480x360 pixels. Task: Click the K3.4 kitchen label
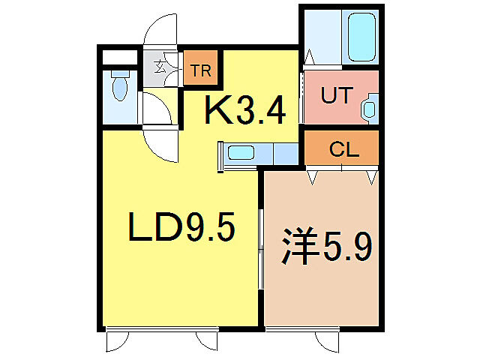[x=246, y=112]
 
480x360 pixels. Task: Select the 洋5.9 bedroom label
[x=326, y=247]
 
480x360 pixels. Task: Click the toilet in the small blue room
[x=119, y=87]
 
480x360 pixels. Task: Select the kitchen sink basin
[x=241, y=154]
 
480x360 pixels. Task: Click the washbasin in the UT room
[x=370, y=109]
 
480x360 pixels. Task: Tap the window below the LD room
[x=161, y=328]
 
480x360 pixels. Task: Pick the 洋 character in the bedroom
[x=296, y=247]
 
